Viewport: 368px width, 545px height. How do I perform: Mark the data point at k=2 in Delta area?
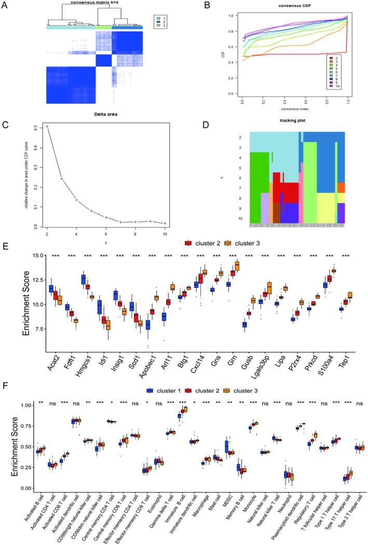pyautogui.click(x=47, y=126)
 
